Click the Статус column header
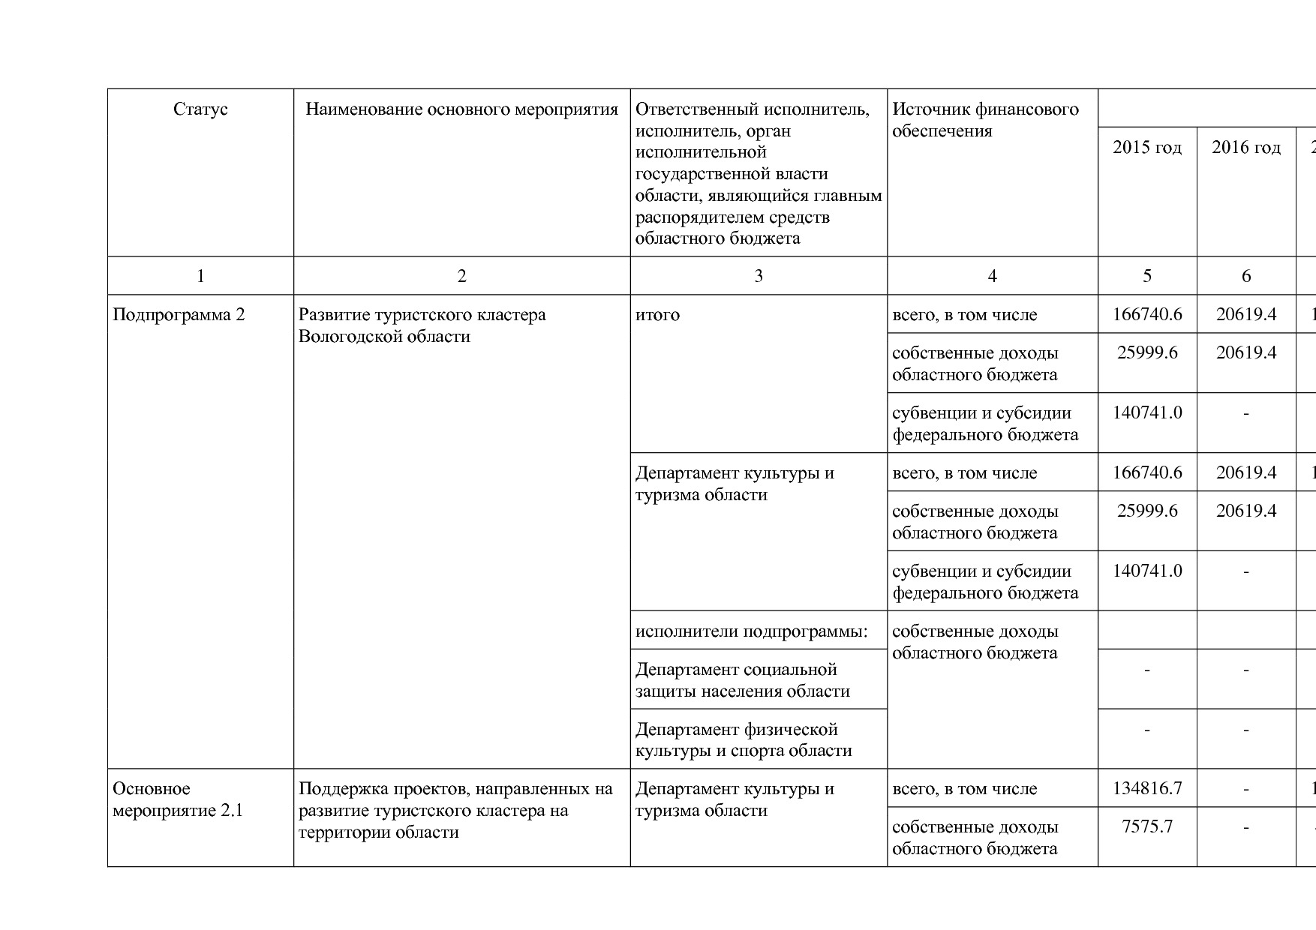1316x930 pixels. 200,109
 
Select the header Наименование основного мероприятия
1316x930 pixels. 461,109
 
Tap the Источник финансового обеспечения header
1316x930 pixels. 985,120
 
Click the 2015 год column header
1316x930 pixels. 1146,147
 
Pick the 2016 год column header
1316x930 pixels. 1245,147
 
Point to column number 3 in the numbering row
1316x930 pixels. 759,276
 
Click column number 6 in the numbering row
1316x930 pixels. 1245,276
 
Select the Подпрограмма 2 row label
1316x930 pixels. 179,314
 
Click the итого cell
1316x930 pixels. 657,314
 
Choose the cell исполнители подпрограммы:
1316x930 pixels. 751,631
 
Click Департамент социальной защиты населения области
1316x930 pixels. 742,679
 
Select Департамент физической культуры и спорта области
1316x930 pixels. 743,739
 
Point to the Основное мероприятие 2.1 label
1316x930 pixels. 178,799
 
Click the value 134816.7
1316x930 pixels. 1146,788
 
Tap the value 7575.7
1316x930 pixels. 1146,826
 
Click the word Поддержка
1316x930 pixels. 340,788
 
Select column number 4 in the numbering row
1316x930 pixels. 992,276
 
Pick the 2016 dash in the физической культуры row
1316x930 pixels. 1245,730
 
